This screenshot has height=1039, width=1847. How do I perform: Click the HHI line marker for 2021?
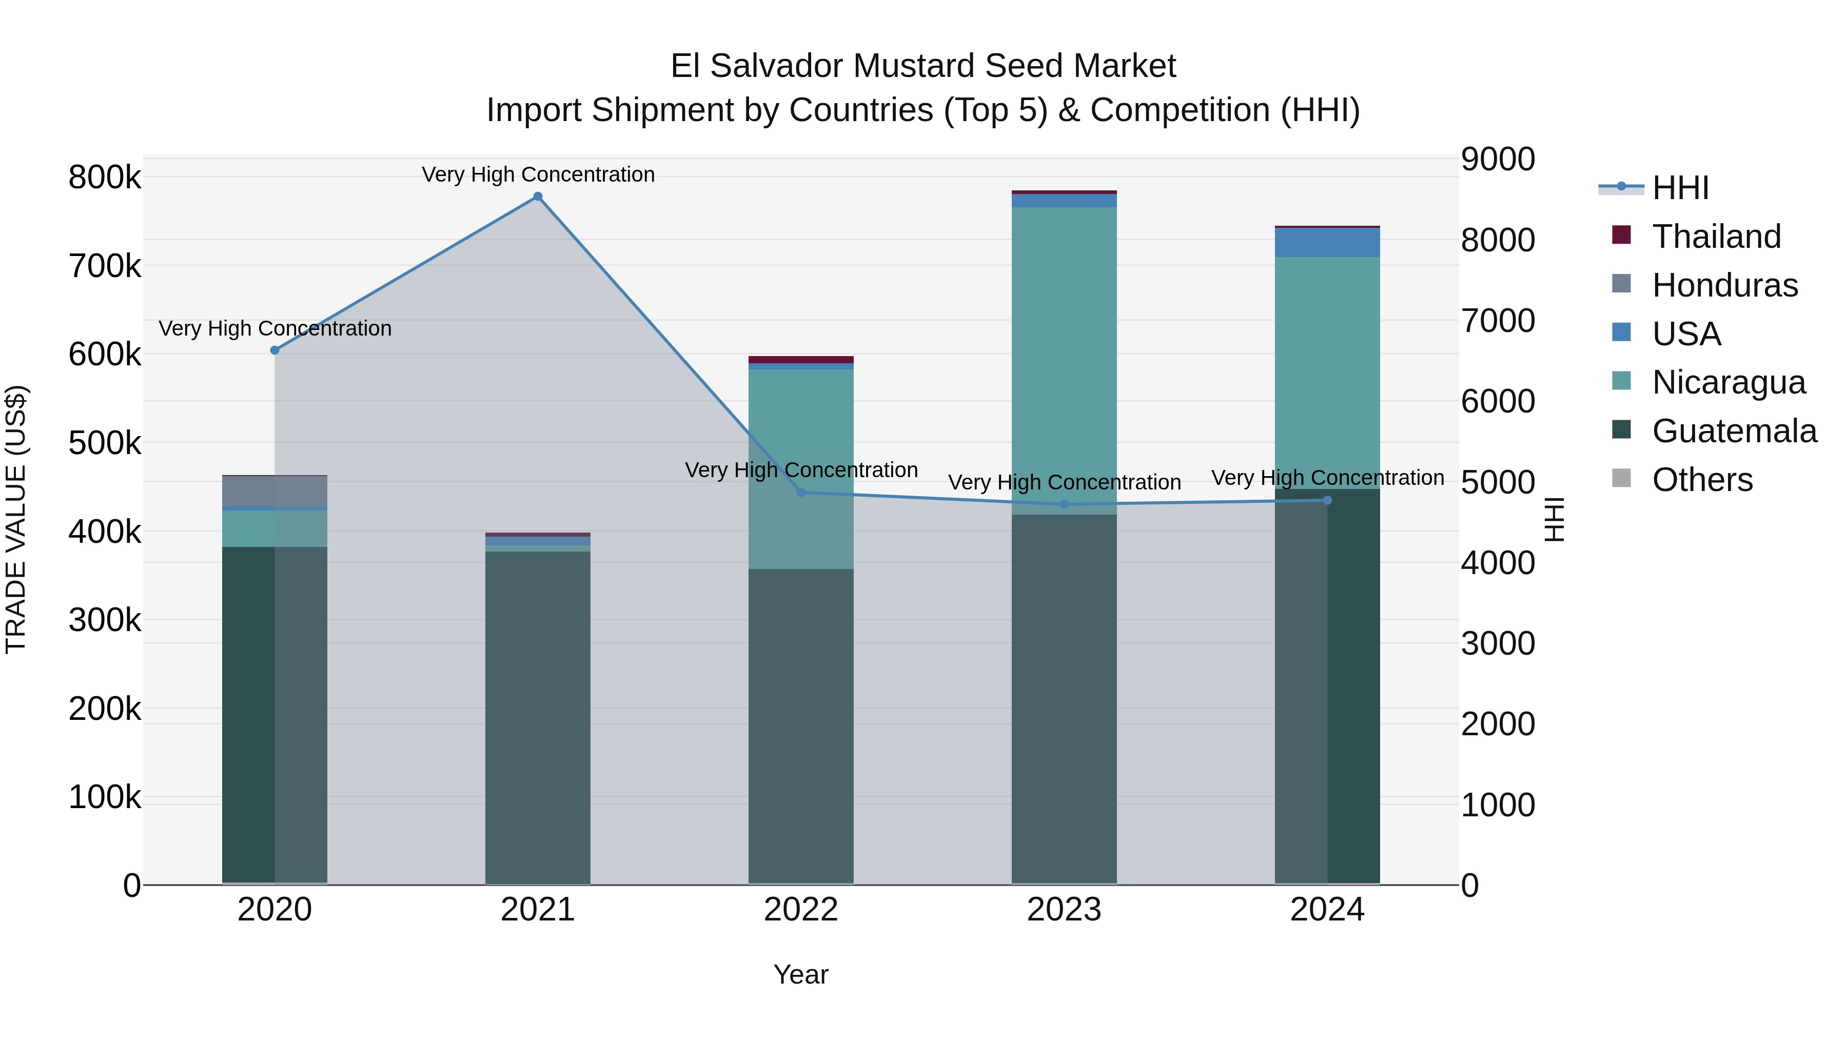click(538, 197)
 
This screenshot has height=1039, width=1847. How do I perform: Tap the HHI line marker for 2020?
click(274, 350)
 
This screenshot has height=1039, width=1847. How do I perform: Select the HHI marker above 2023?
click(1064, 504)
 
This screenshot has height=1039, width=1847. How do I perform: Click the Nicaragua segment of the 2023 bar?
click(1064, 359)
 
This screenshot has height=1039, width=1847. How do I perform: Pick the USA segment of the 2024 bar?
click(1327, 242)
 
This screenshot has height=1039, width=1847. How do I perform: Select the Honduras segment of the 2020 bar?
click(274, 491)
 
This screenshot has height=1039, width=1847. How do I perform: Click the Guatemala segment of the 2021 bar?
click(538, 717)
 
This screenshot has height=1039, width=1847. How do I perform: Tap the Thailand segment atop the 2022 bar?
click(801, 359)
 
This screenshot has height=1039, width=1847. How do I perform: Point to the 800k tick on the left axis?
click(105, 177)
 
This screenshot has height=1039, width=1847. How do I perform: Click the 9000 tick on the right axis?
click(1498, 159)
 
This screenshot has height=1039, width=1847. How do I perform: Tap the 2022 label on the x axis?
click(801, 910)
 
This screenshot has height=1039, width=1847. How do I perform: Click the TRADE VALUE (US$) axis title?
click(16, 519)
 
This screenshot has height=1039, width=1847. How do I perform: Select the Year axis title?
click(801, 974)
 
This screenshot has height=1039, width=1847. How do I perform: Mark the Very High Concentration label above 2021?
click(538, 174)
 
